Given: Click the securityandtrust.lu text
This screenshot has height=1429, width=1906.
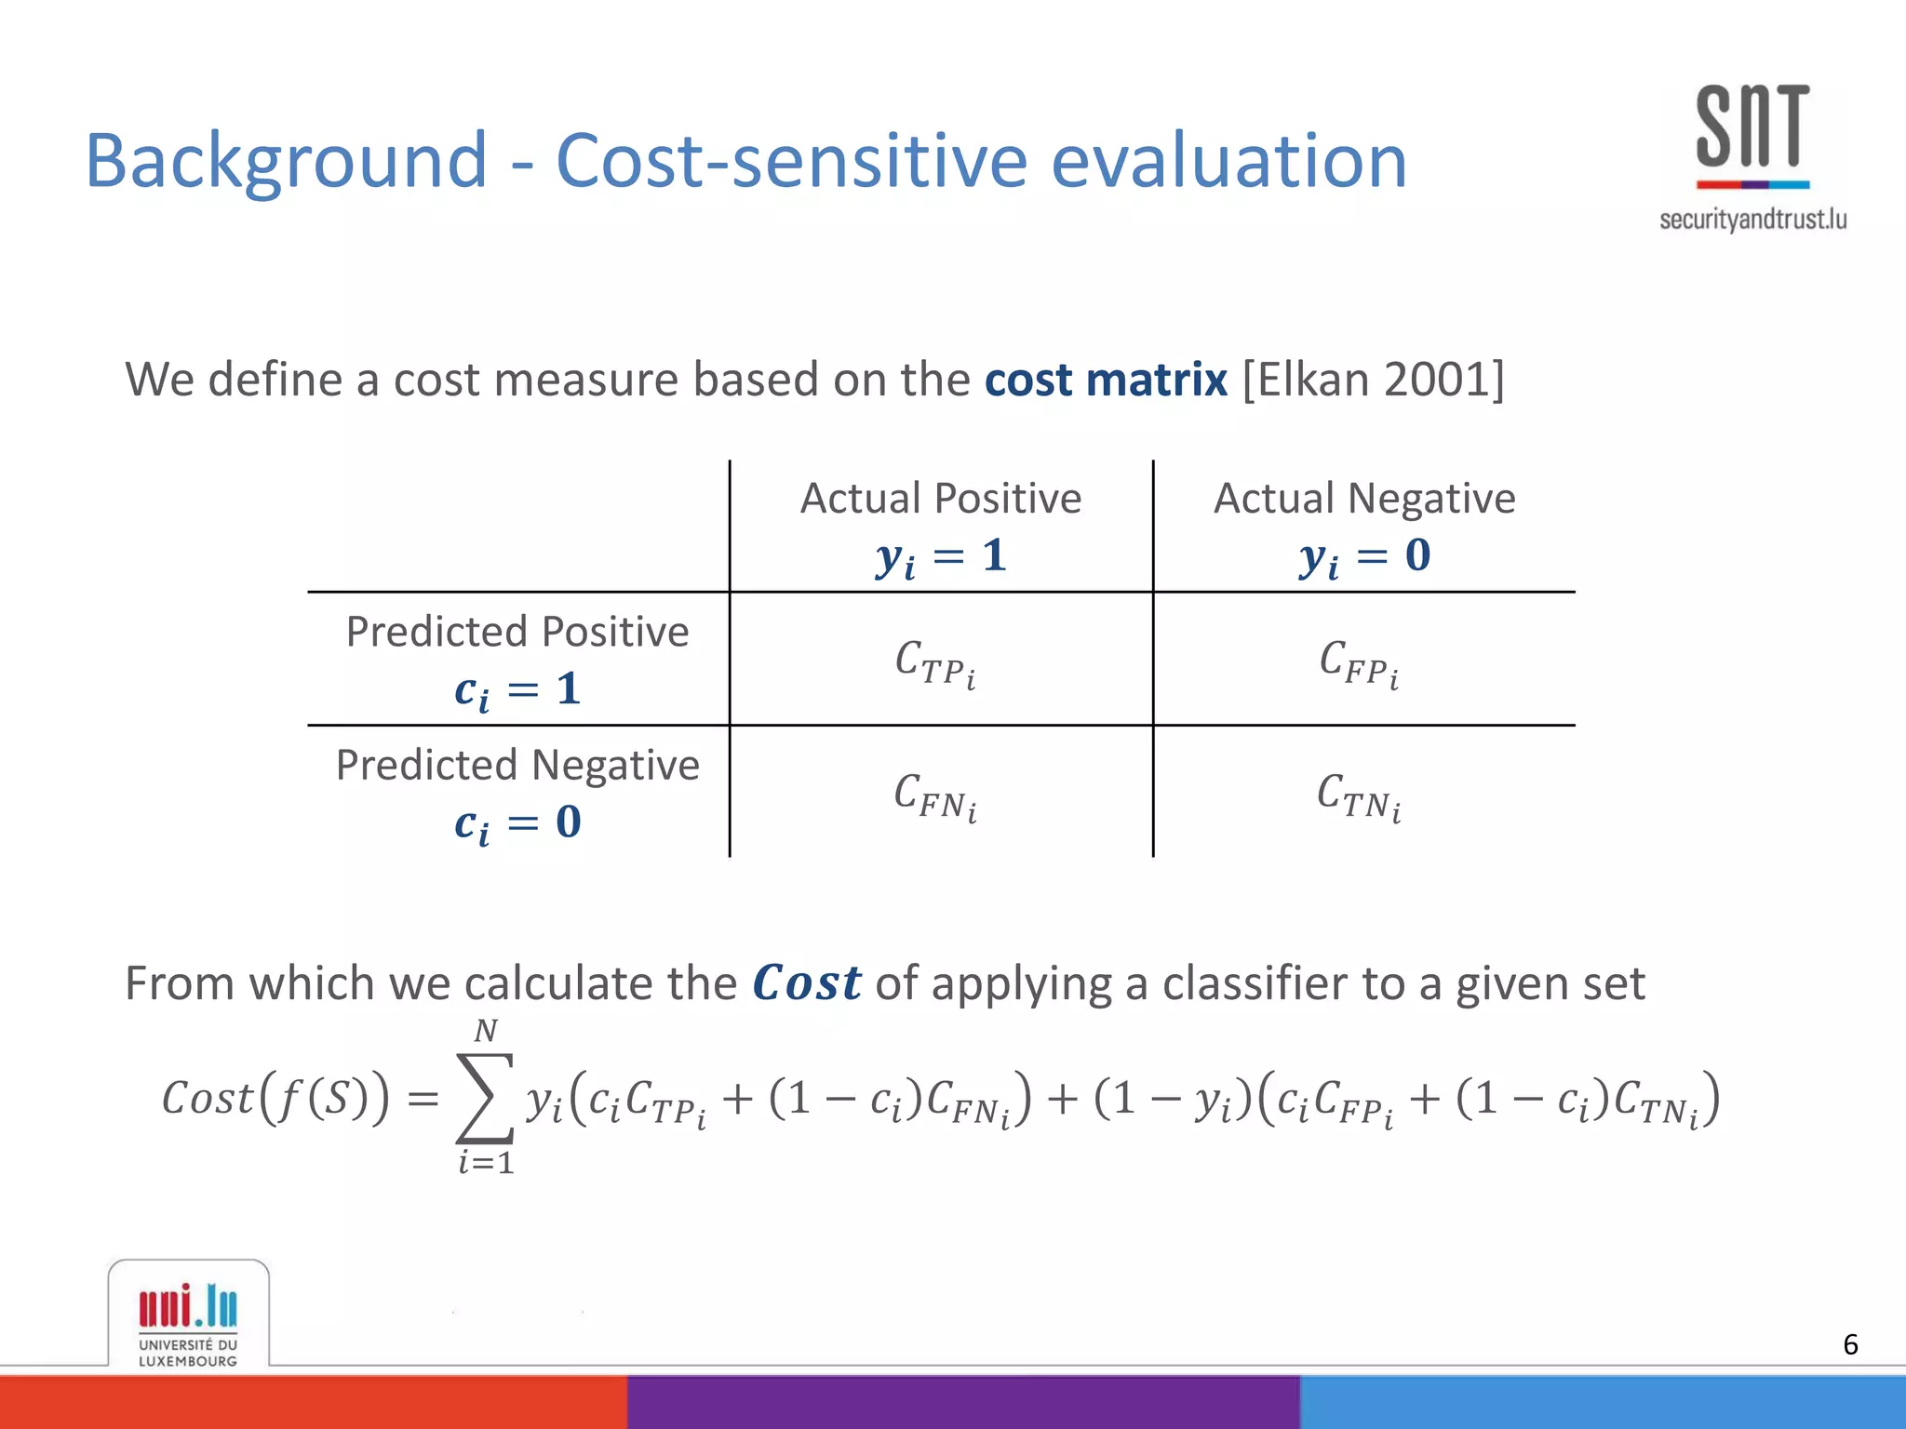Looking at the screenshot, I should tap(1752, 220).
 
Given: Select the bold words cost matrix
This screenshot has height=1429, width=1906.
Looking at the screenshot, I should tap(1106, 380).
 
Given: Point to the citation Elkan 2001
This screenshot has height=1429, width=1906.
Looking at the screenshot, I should tap(1373, 380).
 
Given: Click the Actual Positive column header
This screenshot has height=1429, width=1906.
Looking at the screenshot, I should tap(941, 499).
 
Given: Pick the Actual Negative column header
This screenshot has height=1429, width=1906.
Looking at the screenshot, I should tap(1364, 499).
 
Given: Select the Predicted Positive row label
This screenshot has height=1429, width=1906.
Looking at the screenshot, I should tap(517, 633).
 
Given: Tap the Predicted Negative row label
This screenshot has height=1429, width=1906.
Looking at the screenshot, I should tap(517, 766).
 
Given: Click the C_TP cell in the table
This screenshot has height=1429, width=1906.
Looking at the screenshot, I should tap(935, 662).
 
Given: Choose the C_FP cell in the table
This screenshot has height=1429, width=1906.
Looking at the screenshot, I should tap(1359, 662).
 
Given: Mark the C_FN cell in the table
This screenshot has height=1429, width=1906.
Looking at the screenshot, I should tap(935, 796).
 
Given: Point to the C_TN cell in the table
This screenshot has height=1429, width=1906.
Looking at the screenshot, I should tap(1359, 796).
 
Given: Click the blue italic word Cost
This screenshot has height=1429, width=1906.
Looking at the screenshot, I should tap(806, 983).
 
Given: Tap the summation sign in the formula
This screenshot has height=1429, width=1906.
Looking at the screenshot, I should tap(485, 1098).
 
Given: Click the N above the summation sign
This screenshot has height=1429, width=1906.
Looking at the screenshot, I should tap(485, 1031).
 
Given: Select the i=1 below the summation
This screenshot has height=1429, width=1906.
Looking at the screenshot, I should tap(486, 1162).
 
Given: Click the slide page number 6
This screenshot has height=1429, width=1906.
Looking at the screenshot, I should tap(1850, 1344).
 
